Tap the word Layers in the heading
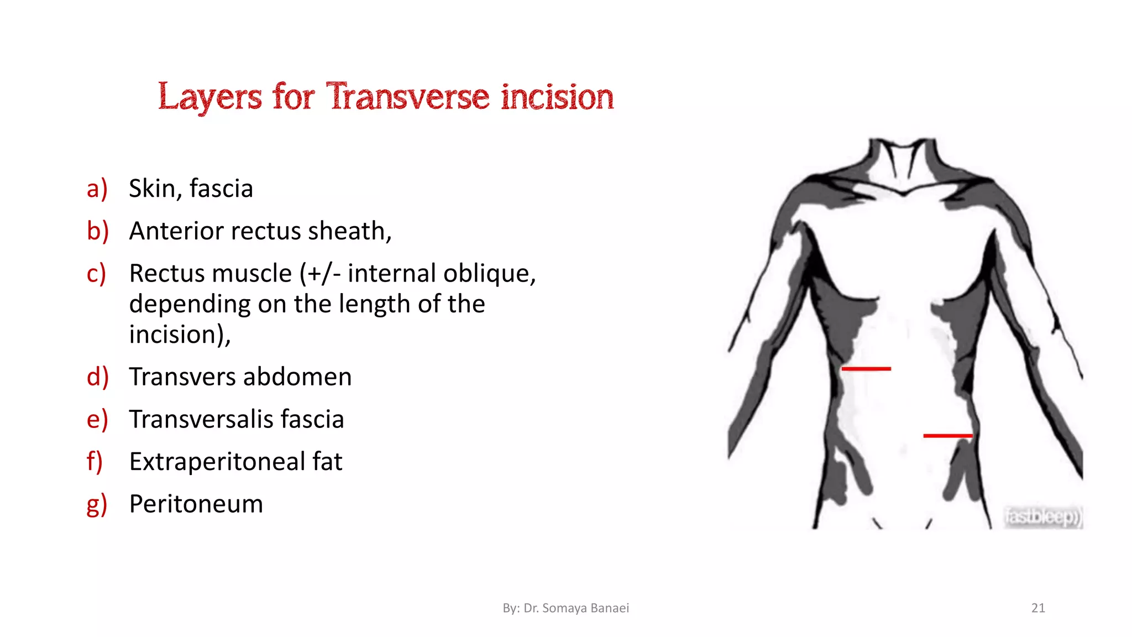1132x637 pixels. tap(209, 97)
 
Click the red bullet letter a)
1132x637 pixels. tap(97, 189)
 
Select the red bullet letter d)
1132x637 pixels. tap(97, 377)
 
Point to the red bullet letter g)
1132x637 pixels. tap(97, 504)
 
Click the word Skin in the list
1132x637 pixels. tap(153, 189)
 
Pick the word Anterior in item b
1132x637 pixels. tap(176, 231)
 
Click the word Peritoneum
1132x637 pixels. tap(196, 504)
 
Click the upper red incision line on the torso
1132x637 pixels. tap(866, 368)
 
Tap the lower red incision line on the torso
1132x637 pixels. tap(947, 436)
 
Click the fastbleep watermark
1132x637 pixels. tap(1042, 516)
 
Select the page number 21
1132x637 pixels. tap(1038, 608)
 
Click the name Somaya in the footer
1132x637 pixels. tap(564, 608)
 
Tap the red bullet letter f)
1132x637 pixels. tap(95, 462)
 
